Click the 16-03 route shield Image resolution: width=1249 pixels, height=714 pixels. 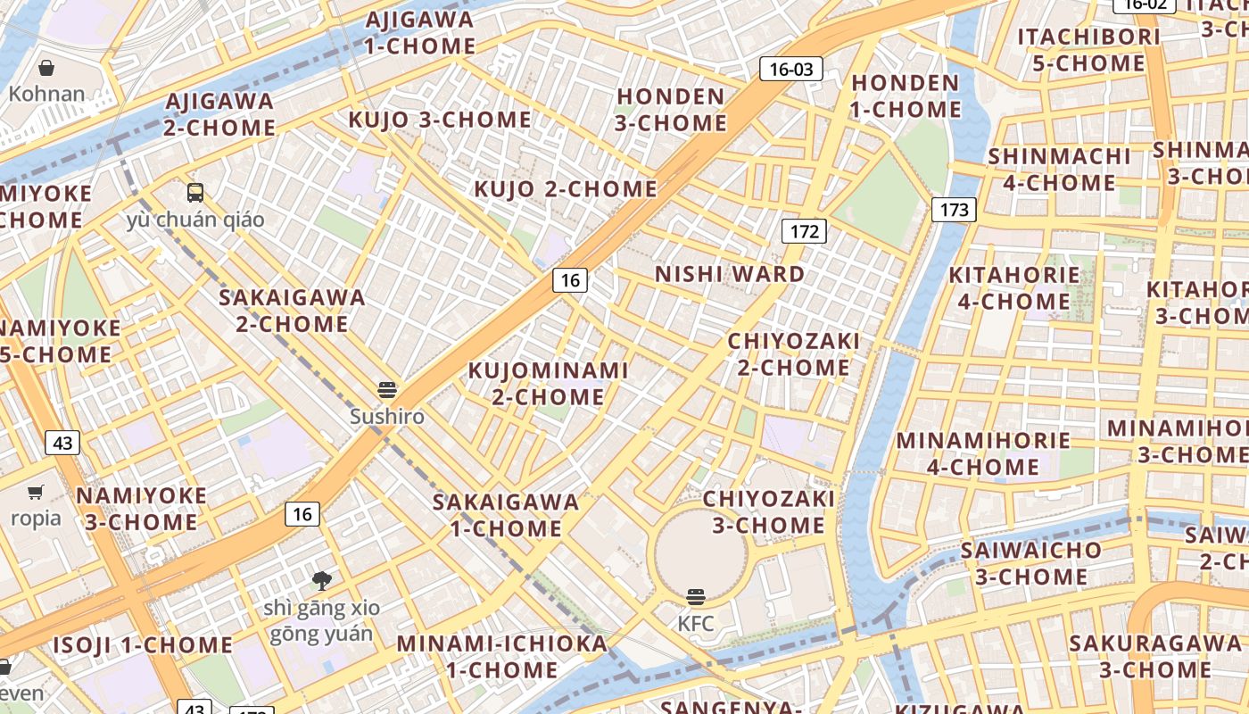coord(790,69)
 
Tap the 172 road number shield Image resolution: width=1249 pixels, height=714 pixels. coord(805,231)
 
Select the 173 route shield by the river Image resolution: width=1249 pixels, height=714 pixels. coord(954,210)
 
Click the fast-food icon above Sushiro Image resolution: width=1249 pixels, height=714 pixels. coord(386,390)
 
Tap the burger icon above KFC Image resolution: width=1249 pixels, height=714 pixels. coord(696,597)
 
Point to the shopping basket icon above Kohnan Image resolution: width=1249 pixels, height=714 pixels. coord(46,68)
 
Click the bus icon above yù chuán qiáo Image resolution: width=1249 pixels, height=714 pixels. coord(194,192)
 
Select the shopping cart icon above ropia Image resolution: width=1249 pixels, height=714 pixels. coord(36,492)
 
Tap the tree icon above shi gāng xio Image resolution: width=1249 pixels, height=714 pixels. coord(322,581)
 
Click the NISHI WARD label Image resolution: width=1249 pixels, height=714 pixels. coord(730,274)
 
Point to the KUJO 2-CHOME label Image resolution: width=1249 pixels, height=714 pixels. coord(565,189)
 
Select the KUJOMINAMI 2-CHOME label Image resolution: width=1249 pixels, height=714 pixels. coord(549,383)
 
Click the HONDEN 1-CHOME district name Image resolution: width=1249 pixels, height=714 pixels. coord(906,96)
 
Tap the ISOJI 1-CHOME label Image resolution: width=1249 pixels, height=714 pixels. coord(143,645)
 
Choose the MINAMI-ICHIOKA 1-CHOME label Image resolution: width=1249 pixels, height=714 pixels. coord(501,656)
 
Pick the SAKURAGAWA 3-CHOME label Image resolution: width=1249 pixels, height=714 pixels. coord(1154,656)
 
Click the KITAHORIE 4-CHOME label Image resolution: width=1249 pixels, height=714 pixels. coord(1013,288)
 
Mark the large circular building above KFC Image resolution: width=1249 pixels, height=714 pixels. coord(701,553)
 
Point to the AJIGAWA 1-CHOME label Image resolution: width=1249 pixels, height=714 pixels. coord(419,33)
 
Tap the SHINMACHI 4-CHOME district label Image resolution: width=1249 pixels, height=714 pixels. coord(1059,170)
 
